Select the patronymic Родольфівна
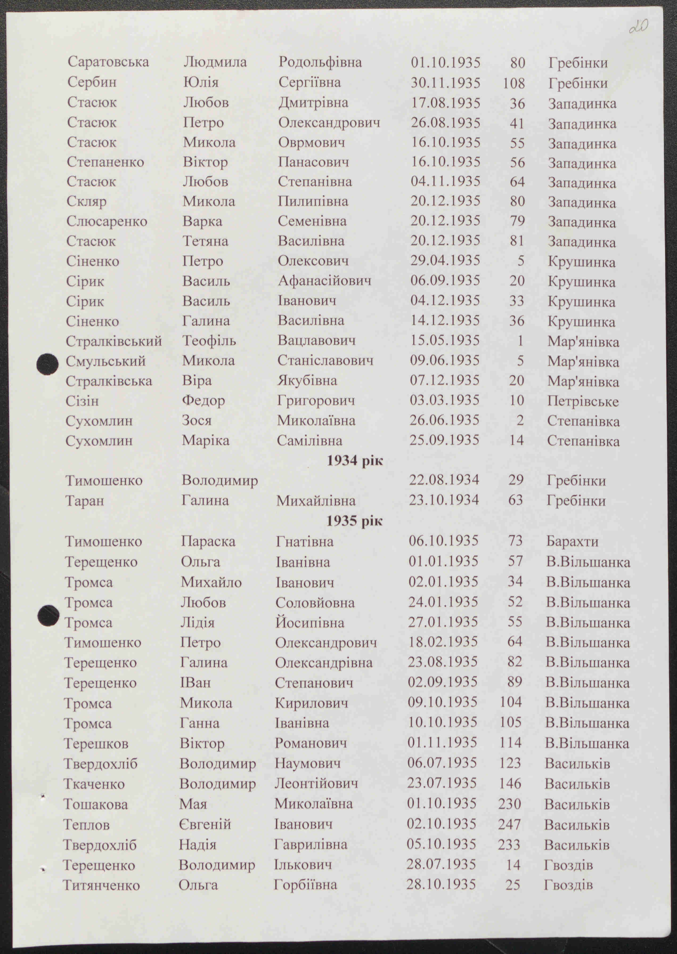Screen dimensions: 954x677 click(320, 62)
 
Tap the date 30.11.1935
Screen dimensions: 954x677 click(445, 83)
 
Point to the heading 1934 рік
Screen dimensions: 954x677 click(354, 461)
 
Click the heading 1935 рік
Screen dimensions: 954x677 click(354, 521)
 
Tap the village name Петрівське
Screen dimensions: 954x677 click(582, 401)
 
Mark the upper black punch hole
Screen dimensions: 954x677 click(47, 364)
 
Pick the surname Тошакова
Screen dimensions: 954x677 click(95, 804)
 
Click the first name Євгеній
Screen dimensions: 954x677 click(205, 824)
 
